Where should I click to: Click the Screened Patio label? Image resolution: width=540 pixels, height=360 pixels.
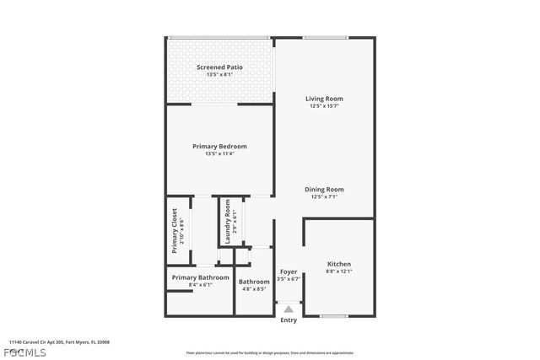(219, 67)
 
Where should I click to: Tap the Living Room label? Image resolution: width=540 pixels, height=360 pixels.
(324, 99)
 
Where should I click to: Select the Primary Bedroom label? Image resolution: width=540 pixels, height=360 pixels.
(219, 146)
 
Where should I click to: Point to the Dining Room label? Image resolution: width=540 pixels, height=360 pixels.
(324, 190)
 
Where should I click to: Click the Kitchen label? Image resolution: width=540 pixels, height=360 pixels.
(338, 264)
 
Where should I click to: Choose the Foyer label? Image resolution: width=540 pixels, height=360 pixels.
(289, 271)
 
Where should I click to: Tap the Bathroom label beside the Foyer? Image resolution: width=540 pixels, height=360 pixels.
(254, 282)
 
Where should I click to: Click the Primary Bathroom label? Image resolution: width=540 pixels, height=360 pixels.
(201, 277)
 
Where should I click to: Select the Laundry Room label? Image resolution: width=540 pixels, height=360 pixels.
(227, 222)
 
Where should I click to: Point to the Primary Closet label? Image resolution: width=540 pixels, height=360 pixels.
(175, 230)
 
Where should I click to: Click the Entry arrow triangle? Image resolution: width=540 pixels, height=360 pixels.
(289, 309)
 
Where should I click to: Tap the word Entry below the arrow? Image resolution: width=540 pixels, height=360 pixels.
(289, 320)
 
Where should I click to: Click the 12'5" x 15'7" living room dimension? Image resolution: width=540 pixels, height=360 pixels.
(324, 106)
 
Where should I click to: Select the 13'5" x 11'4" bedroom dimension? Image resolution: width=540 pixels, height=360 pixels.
(219, 153)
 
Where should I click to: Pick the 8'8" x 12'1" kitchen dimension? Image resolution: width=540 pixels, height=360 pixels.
(338, 271)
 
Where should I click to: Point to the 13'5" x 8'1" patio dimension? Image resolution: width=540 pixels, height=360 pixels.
(219, 74)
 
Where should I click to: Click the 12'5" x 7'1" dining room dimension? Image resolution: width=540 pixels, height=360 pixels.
(324, 197)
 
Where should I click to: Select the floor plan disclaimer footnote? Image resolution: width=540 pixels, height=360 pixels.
(270, 352)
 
